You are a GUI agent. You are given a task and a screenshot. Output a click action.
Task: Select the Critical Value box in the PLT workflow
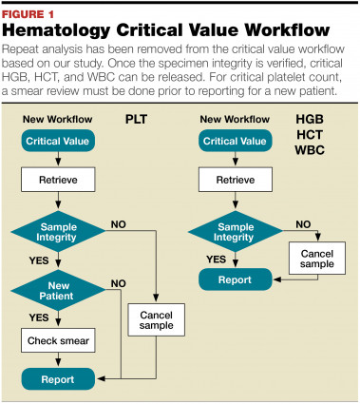(x=59, y=139)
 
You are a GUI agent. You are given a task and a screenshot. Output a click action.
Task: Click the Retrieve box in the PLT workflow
(x=59, y=179)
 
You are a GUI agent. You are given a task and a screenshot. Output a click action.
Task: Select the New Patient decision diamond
(x=59, y=289)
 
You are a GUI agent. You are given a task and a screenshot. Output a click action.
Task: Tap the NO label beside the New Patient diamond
(x=118, y=281)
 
